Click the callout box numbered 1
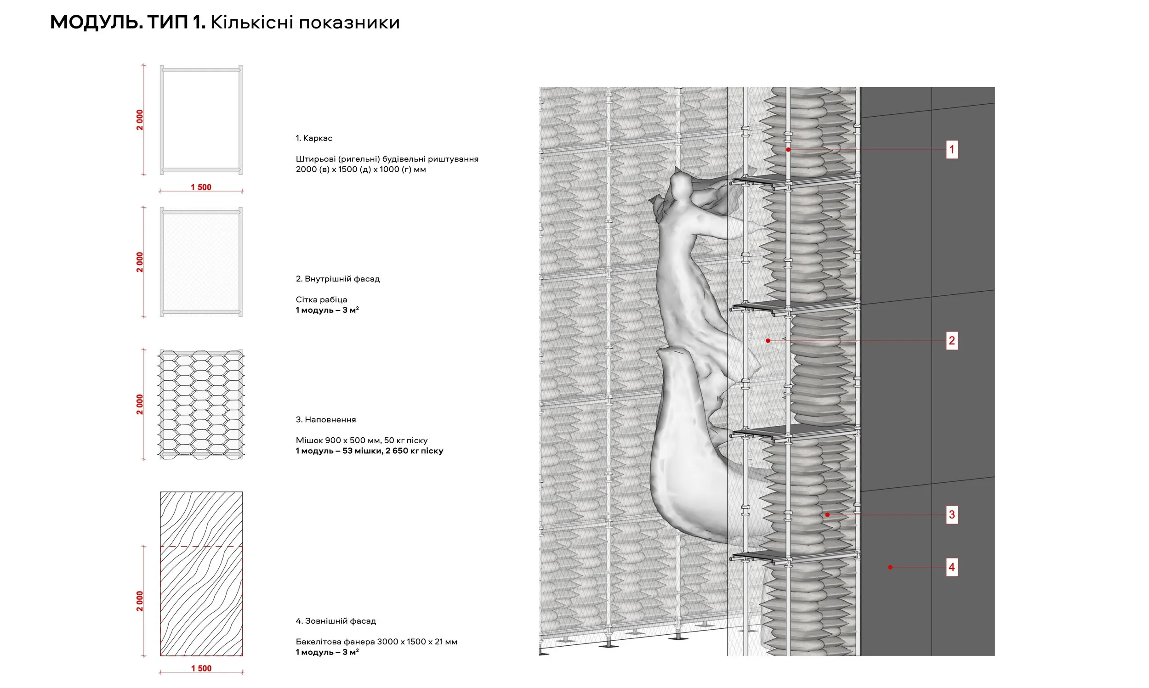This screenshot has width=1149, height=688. (x=951, y=149)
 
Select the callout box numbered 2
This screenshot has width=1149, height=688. (x=951, y=341)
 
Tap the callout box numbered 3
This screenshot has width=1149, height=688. (x=951, y=514)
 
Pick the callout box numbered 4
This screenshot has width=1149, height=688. (x=951, y=567)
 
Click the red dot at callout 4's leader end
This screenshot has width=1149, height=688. (x=890, y=567)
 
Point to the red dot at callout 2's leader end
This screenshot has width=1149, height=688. (x=768, y=341)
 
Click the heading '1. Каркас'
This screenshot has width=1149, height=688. (x=314, y=138)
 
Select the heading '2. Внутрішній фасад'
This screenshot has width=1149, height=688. (x=338, y=279)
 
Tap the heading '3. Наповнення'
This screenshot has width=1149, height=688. (x=326, y=420)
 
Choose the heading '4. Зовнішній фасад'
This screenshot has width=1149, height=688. (x=336, y=621)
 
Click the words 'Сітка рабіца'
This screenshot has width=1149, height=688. (x=321, y=299)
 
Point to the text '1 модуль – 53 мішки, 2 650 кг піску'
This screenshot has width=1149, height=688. (x=369, y=451)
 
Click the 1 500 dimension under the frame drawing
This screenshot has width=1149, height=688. (x=201, y=187)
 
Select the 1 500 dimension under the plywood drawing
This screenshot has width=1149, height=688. (x=201, y=668)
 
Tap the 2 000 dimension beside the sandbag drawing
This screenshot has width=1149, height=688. (x=140, y=404)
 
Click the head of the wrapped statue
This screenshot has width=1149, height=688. (x=681, y=187)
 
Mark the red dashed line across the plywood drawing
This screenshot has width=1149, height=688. (x=201, y=547)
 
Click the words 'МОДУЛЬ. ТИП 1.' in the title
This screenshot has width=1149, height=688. (x=128, y=22)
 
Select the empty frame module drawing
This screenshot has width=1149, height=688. (x=201, y=120)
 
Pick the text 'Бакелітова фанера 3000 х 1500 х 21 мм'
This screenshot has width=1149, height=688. (x=376, y=642)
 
